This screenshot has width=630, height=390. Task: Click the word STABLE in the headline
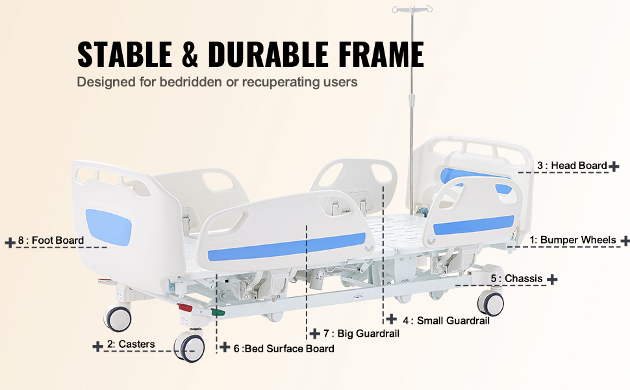tap(125, 54)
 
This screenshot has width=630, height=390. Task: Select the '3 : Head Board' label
tap(572, 165)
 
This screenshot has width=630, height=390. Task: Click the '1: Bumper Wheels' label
tap(573, 240)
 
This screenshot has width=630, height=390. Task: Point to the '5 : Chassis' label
tap(517, 278)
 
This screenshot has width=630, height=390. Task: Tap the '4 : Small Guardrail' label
tap(446, 320)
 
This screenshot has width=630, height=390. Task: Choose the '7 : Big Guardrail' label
tap(361, 333)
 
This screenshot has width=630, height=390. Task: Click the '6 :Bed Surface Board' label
tap(284, 348)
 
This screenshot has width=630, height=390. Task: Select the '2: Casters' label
tap(131, 344)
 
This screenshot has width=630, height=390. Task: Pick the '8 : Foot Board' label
tap(51, 240)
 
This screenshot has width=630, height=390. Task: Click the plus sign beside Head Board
tap(614, 166)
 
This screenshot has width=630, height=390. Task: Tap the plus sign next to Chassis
tap(552, 279)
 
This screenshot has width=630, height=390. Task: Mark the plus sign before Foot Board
tap(10, 242)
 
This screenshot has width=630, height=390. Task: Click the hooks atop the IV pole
tap(412, 8)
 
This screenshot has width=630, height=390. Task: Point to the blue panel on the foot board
tap(108, 227)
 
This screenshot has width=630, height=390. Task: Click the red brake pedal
tap(185, 307)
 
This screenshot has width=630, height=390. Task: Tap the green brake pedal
tap(218, 312)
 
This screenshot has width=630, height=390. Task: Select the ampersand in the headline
tap(190, 54)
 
